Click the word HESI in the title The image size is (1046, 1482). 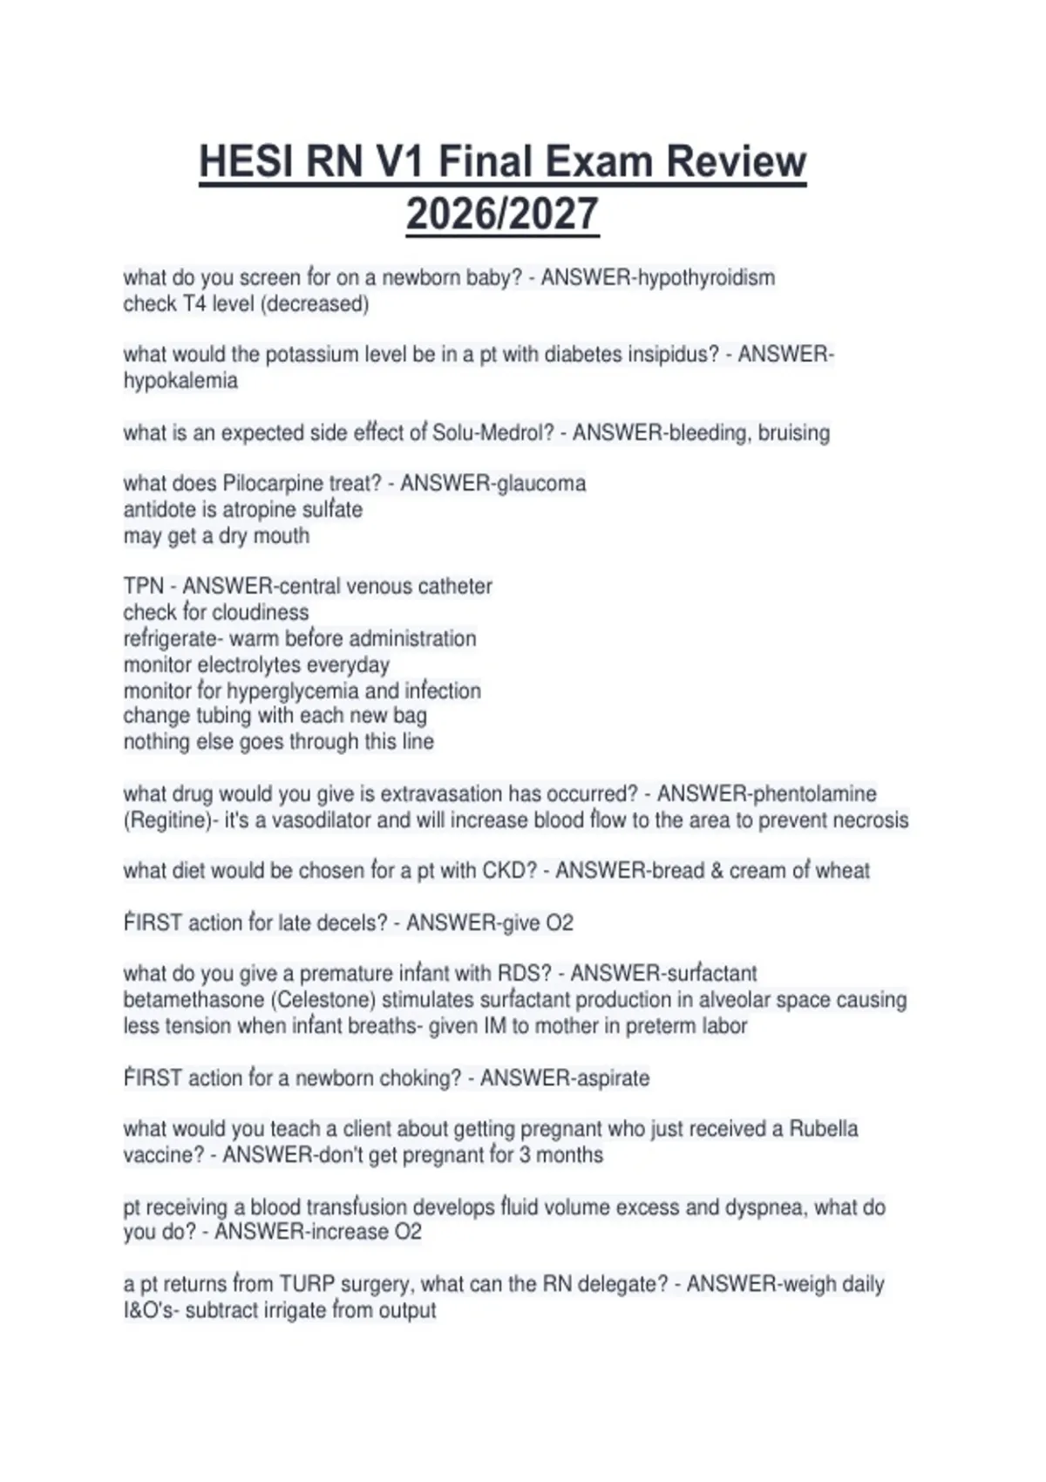[246, 162]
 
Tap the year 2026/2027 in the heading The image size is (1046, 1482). [502, 214]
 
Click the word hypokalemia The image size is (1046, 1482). [180, 381]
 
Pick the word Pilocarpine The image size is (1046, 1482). [273, 484]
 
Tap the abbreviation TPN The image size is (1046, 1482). [143, 587]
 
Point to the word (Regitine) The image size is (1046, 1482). [166, 820]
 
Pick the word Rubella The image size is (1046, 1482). [823, 1129]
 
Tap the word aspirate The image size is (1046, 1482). [608, 1078]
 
